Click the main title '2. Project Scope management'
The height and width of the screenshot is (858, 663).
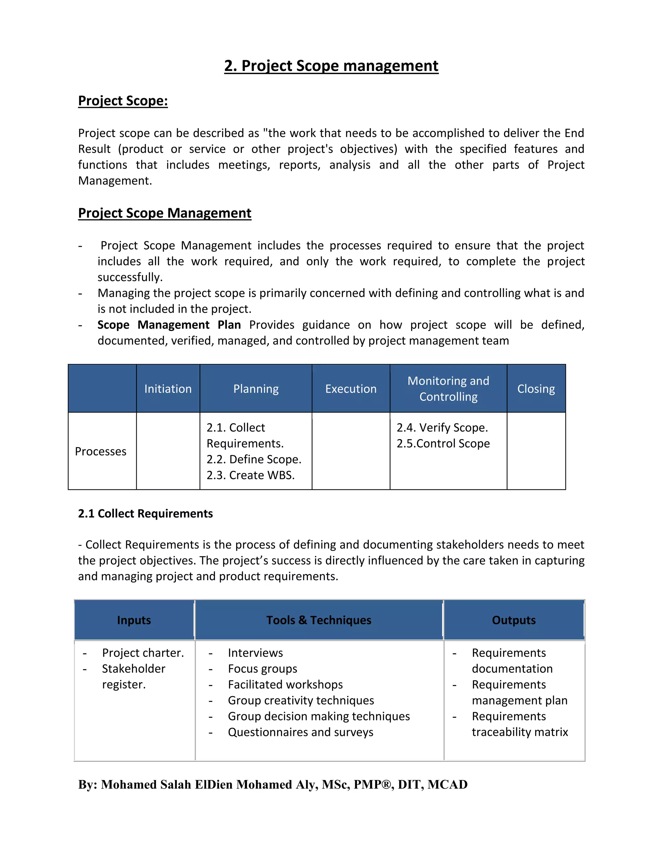pos(331,66)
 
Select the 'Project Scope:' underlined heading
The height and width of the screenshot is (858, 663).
pos(123,101)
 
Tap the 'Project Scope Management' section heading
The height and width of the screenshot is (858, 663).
pos(164,213)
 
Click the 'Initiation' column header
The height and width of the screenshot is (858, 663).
pos(168,389)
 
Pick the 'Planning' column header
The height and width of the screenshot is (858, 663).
pos(256,389)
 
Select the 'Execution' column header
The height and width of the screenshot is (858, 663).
pos(351,389)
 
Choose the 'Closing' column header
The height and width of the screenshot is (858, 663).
pos(536,389)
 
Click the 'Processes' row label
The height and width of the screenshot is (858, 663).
pos(101,451)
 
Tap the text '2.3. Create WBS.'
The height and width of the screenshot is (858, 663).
pos(250,475)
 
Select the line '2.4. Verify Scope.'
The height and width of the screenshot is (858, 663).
pos(442,427)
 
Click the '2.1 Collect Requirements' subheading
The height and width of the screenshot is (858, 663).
pos(145,514)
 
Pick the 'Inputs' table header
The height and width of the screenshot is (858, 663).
pos(134,620)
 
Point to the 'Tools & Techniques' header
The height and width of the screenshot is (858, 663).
pos(319,620)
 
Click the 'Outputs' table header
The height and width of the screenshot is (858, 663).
pos(513,620)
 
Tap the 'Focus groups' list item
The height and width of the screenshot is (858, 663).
pos(262,669)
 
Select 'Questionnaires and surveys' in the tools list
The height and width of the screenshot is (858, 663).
pos(300,732)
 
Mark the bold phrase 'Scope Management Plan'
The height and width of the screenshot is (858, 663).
pos(169,325)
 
